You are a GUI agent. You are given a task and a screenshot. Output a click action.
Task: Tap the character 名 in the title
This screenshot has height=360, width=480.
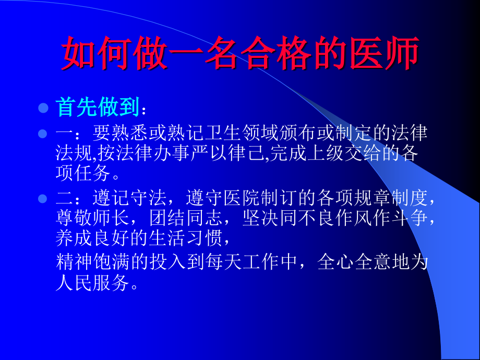(x=222, y=54)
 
